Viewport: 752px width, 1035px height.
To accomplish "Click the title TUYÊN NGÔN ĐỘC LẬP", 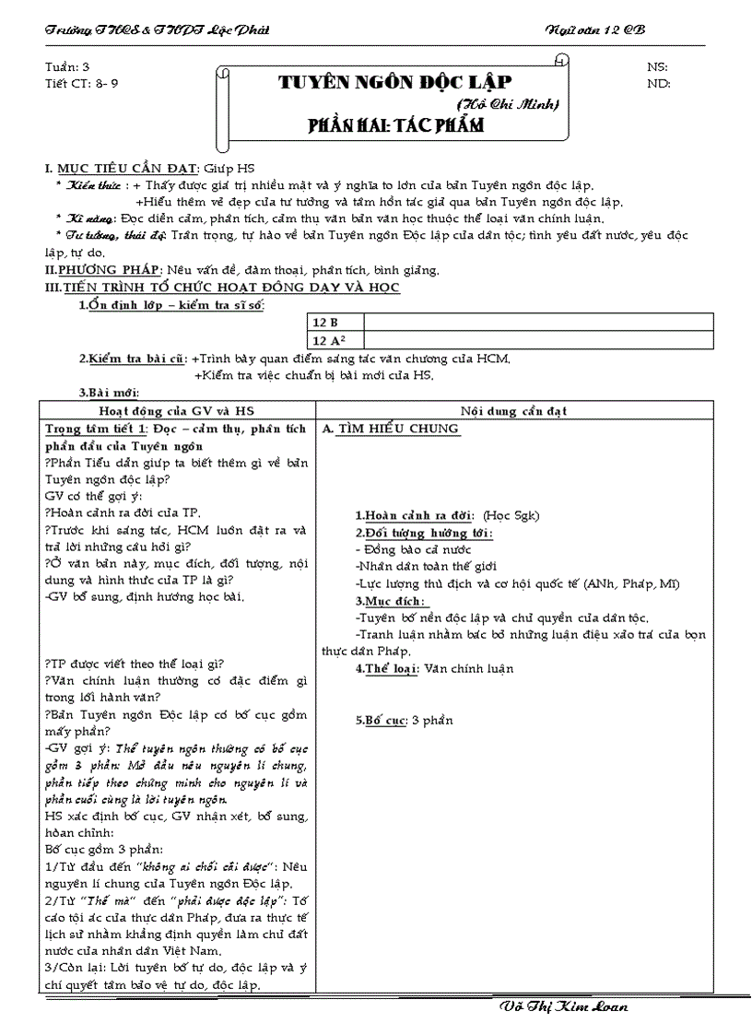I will (x=394, y=82).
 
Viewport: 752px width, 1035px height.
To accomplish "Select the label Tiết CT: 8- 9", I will (x=81, y=83).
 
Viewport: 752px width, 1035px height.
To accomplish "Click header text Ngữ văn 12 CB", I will (x=595, y=30).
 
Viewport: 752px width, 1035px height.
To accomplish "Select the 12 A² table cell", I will (x=328, y=340).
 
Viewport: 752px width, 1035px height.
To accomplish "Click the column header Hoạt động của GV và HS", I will (x=175, y=410).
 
